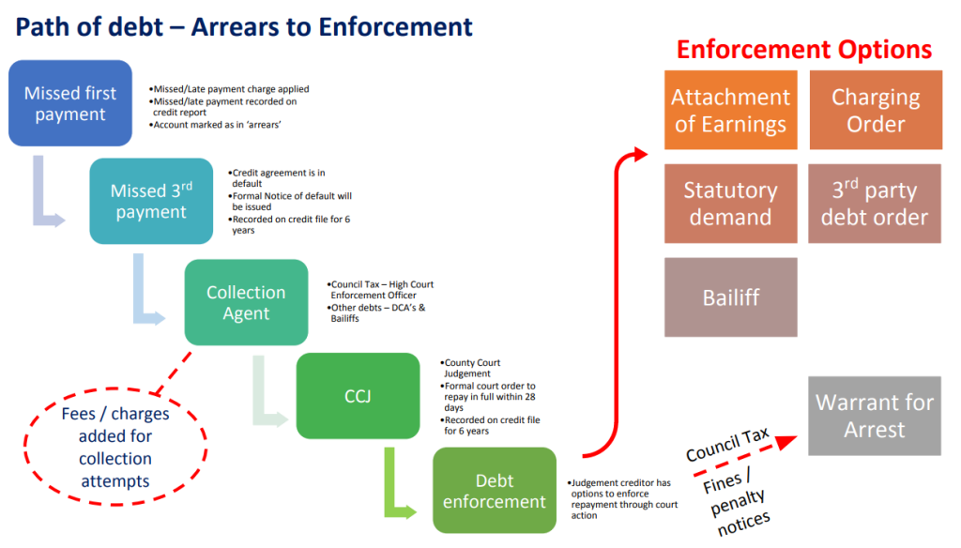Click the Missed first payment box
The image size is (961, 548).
(x=70, y=104)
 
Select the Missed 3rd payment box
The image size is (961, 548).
(x=151, y=202)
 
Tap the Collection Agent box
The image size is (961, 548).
(x=246, y=302)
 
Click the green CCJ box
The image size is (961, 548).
(x=358, y=395)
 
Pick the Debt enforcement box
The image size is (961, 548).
(x=495, y=491)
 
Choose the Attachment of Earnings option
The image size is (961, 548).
(x=730, y=111)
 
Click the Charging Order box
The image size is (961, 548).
(x=875, y=111)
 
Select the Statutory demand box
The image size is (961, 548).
(x=730, y=204)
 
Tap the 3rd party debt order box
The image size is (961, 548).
(x=875, y=204)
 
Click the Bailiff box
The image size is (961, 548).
(x=730, y=297)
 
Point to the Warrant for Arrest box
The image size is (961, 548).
(x=874, y=416)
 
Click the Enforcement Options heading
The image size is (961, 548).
(x=803, y=50)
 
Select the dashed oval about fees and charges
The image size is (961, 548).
(x=115, y=447)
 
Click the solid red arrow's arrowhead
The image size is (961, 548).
(x=641, y=152)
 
